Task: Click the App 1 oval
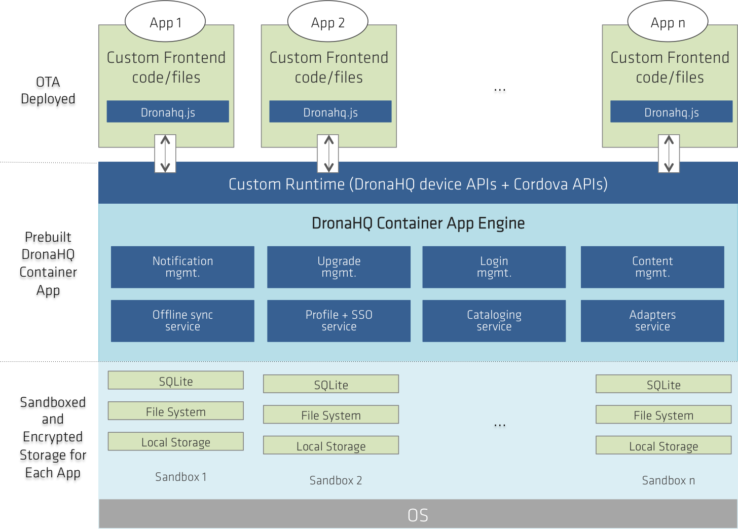tap(165, 21)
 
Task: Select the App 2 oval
tap(328, 21)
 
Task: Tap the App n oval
tap(668, 21)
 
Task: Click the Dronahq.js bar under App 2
tap(330, 111)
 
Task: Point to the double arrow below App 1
tap(165, 154)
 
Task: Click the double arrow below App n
tap(669, 154)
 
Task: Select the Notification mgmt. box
tap(182, 267)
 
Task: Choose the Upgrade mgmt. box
tap(339, 267)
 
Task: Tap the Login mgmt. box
tap(494, 267)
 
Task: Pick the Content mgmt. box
tap(652, 267)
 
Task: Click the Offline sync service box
tap(182, 321)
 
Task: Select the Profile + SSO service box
tap(339, 321)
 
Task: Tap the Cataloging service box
tap(494, 321)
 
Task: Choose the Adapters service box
tap(652, 321)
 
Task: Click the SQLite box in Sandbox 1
tap(175, 381)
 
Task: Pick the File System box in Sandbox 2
tap(331, 414)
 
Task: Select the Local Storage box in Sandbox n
tap(663, 445)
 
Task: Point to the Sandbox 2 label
tap(336, 480)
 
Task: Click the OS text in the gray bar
tap(418, 515)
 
